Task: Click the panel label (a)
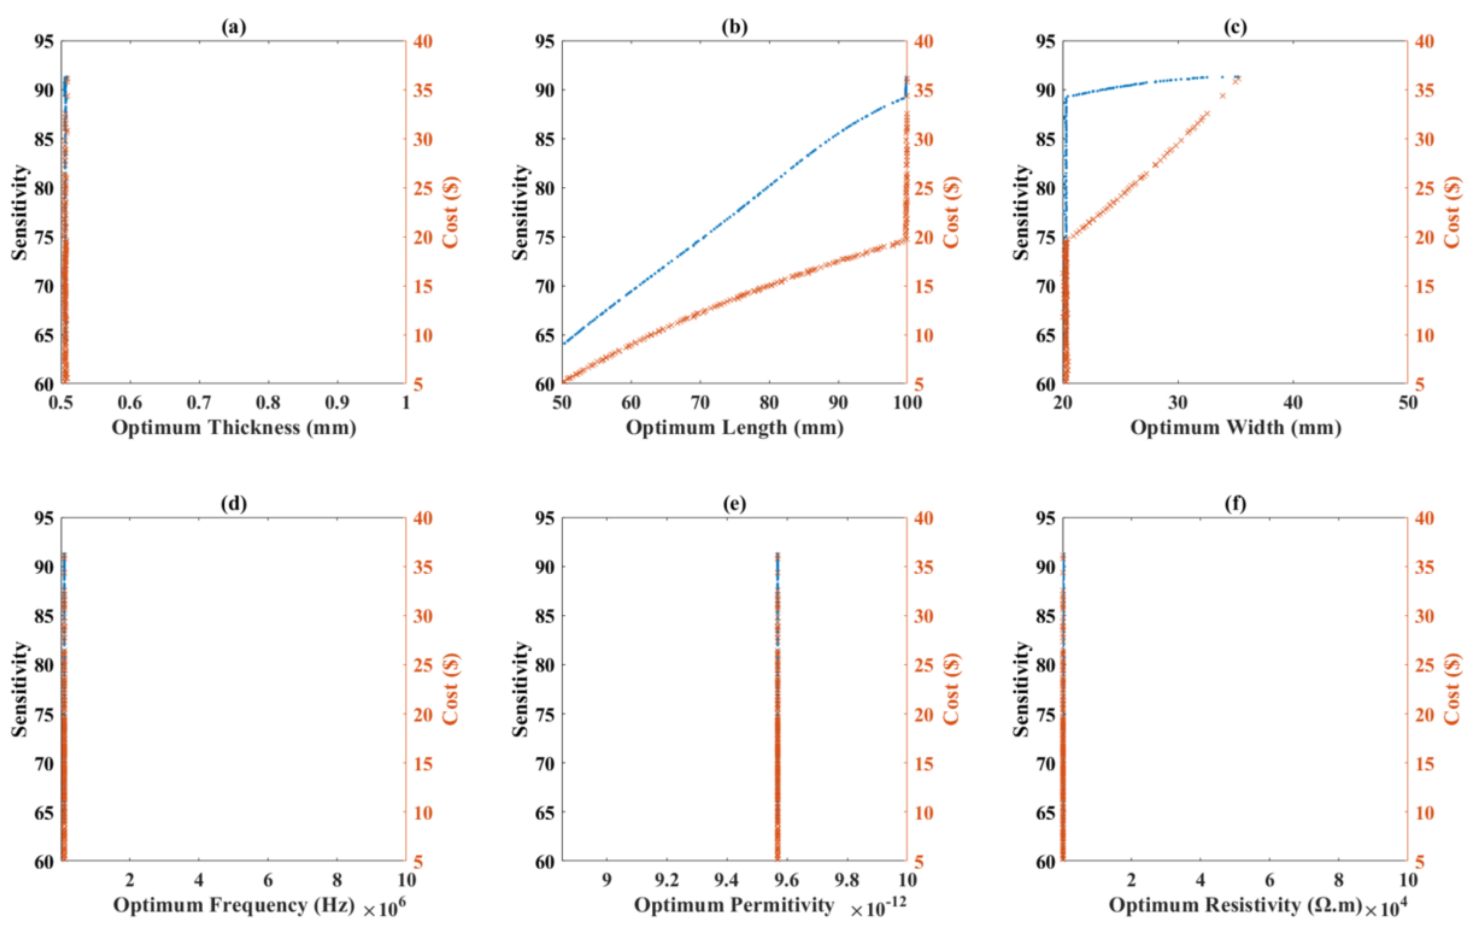click(234, 27)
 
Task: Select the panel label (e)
click(734, 504)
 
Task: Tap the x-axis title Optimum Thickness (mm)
click(234, 427)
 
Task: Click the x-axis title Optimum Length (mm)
click(734, 427)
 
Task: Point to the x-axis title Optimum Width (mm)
click(1235, 427)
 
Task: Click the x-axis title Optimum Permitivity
click(733, 905)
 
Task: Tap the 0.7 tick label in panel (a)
click(199, 403)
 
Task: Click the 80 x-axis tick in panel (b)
click(768, 403)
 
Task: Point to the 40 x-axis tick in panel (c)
click(1292, 403)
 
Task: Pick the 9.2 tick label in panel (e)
click(666, 880)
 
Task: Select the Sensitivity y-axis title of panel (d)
click(20, 689)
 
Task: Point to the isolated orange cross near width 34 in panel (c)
click(1223, 96)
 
